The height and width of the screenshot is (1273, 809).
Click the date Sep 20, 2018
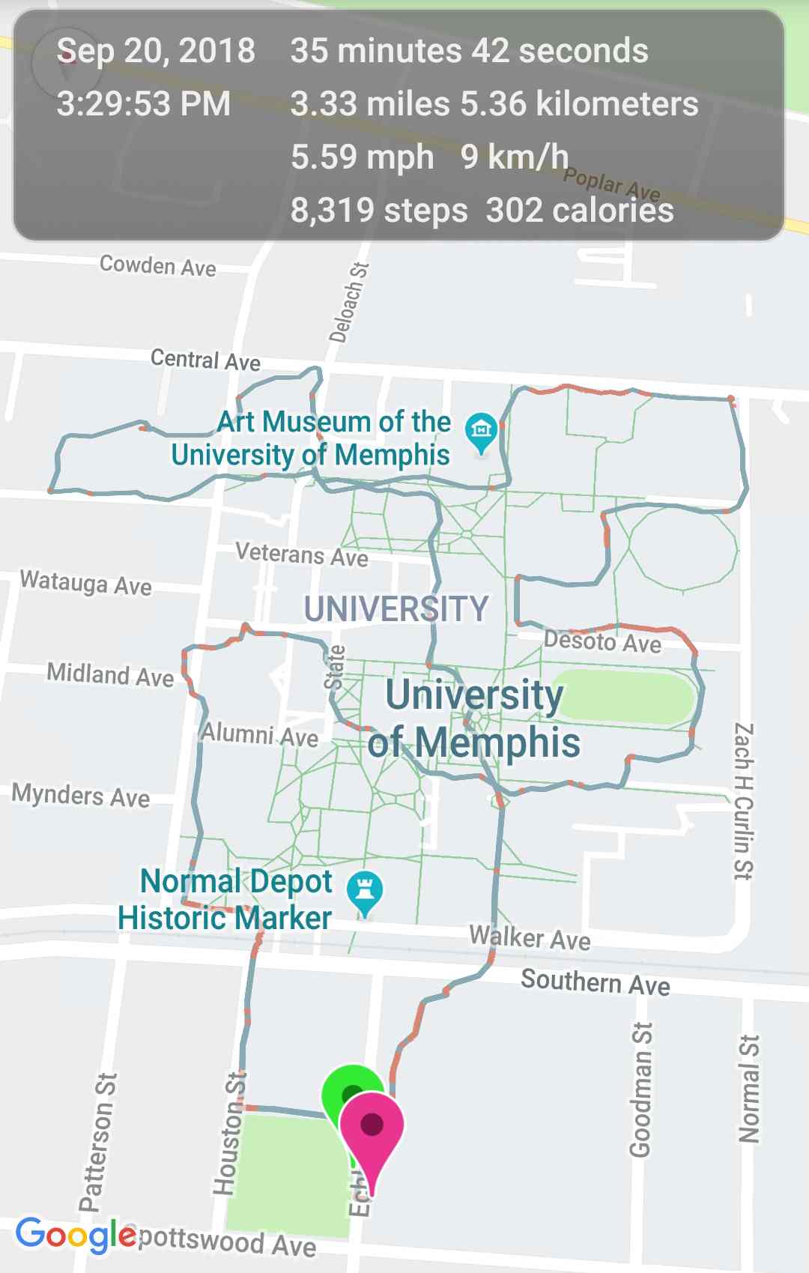(156, 51)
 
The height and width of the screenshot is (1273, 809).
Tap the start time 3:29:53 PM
(144, 103)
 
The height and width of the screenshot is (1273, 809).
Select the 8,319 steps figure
(379, 211)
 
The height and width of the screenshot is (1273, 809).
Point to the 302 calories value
(580, 211)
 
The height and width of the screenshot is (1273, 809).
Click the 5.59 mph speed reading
(362, 157)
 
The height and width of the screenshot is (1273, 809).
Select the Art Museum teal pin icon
(481, 431)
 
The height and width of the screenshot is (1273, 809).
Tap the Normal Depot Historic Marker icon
(365, 891)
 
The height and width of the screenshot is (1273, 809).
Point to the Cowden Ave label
(158, 265)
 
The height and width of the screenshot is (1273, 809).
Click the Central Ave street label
(205, 360)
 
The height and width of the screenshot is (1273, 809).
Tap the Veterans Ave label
(301, 554)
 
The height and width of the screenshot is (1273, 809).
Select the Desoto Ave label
(603, 641)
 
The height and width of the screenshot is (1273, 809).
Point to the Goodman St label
(641, 1089)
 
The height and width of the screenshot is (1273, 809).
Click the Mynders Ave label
(81, 795)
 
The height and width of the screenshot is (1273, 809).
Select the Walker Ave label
(530, 937)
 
